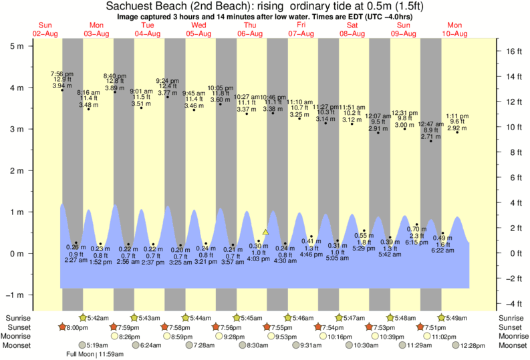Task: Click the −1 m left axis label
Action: point(14,295)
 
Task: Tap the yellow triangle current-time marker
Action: point(265,232)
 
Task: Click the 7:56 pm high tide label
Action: point(61,73)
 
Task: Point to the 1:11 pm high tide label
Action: point(457,116)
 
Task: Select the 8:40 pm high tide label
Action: point(114,75)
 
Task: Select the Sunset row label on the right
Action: point(511,327)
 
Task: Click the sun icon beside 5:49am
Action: point(441,318)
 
